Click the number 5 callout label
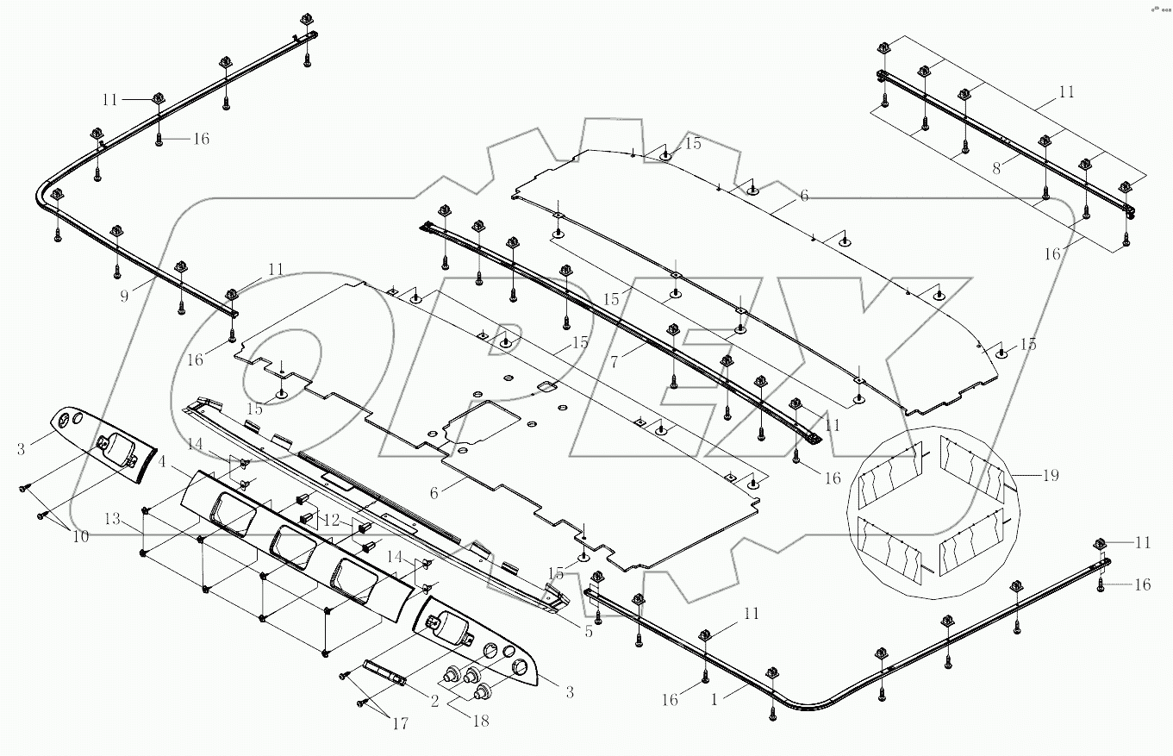pos(589,631)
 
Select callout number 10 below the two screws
pos(81,536)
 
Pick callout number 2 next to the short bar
pos(434,703)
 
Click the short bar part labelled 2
pos(385,672)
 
